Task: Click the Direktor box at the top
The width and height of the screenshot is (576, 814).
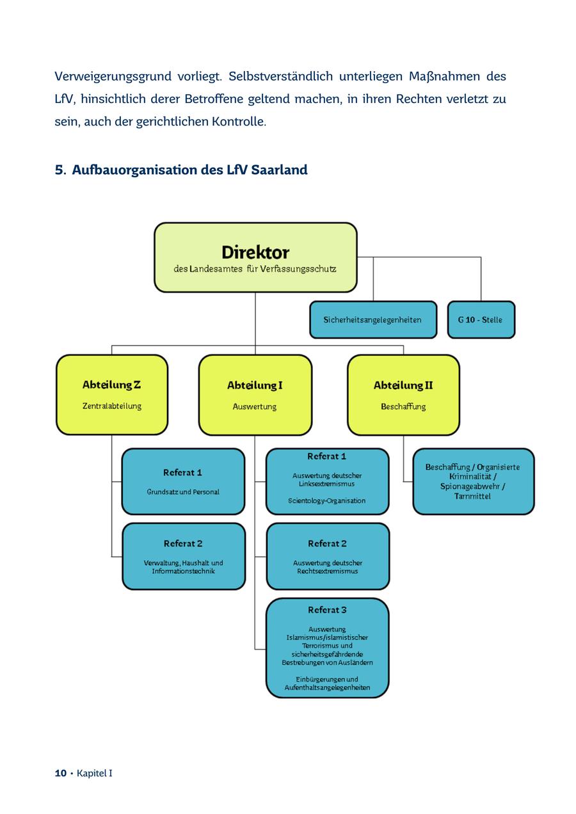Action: tap(255, 257)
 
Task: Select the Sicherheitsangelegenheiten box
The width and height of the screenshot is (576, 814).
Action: tap(372, 319)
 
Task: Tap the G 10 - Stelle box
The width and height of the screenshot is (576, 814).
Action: tap(480, 319)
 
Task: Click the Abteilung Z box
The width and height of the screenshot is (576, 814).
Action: tap(112, 395)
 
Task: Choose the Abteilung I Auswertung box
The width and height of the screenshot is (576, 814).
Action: tap(255, 395)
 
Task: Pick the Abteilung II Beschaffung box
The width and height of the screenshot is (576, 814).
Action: tap(403, 395)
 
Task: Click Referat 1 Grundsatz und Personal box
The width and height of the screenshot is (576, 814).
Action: tap(183, 481)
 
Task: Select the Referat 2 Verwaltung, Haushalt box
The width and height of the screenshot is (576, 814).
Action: tap(184, 556)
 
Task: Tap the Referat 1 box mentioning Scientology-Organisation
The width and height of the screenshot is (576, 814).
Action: tap(327, 481)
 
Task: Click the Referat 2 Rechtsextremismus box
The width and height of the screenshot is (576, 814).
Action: tap(327, 556)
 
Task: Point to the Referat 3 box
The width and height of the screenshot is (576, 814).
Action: tap(327, 648)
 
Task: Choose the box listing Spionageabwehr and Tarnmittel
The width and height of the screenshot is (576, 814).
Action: tap(473, 481)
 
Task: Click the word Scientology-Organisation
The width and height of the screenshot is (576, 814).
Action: tap(327, 501)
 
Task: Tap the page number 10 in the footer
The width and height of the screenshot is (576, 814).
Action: tap(61, 773)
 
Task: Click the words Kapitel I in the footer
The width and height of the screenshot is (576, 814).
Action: tap(95, 773)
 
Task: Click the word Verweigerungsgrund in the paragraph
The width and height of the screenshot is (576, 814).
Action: tap(106, 77)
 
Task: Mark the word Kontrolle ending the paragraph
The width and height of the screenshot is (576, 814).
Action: tap(238, 122)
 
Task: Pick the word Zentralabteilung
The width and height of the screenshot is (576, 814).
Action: tap(112, 406)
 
